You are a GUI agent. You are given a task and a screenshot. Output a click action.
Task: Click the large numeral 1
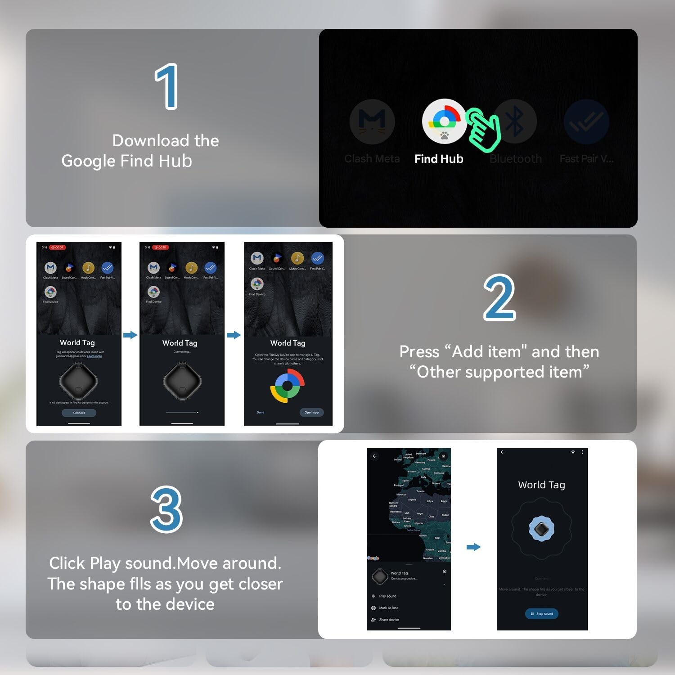166,86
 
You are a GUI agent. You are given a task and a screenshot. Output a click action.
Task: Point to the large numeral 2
499,297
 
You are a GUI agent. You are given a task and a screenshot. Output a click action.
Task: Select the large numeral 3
166,510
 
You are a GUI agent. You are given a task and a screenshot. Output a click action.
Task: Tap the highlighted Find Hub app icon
444,121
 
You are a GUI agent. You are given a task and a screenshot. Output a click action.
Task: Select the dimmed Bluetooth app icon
515,121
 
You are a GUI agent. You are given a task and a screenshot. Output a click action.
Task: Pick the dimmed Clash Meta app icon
372,121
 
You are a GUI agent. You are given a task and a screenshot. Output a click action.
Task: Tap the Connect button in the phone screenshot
79,413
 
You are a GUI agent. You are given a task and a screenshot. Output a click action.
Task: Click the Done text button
261,412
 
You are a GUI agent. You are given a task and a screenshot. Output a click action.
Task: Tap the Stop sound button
541,614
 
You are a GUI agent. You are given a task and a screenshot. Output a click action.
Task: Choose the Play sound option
387,596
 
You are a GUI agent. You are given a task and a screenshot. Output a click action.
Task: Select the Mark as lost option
388,608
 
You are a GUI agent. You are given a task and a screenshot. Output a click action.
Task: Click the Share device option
388,620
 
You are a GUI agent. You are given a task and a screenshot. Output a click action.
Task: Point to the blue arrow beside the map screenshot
473,547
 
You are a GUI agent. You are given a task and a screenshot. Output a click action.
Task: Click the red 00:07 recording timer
58,247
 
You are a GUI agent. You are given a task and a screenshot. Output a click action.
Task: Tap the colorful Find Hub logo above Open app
288,386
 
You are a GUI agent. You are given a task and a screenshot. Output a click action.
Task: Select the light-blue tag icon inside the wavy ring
541,528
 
